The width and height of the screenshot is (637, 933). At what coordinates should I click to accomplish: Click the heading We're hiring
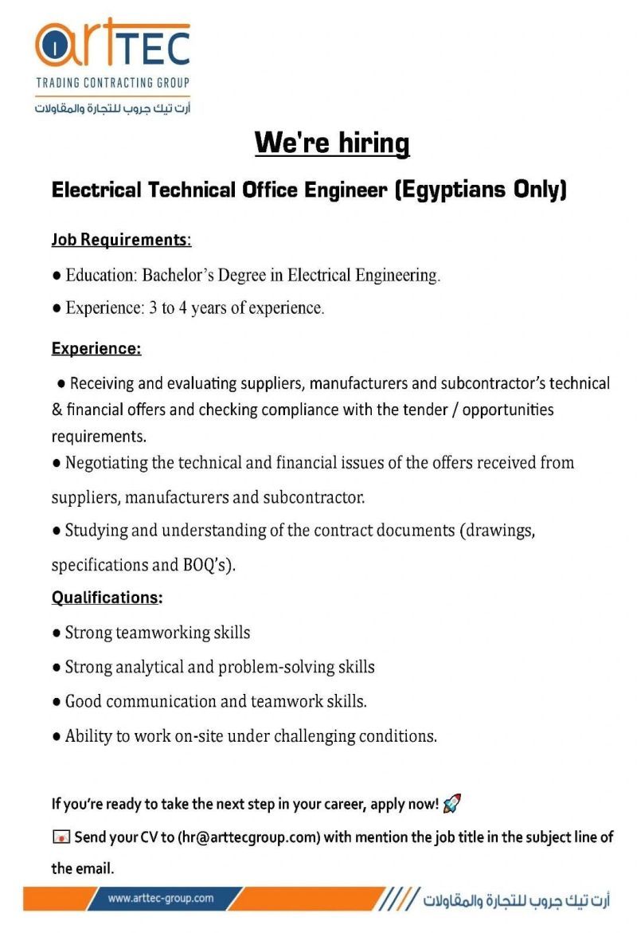tap(331, 143)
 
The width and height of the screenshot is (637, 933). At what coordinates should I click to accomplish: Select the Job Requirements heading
tap(121, 240)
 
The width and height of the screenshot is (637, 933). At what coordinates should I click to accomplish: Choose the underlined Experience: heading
tap(96, 348)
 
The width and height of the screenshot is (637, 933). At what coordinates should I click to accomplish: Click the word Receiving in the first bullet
tap(102, 383)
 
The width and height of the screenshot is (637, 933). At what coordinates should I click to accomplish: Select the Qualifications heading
tap(107, 598)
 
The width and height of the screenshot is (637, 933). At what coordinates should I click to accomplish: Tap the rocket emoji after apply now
tap(452, 803)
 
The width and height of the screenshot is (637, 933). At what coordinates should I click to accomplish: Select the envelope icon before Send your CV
tap(61, 837)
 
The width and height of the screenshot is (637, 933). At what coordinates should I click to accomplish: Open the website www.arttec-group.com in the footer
tap(161, 899)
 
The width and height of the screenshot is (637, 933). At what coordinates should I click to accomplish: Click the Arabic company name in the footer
tap(517, 900)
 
